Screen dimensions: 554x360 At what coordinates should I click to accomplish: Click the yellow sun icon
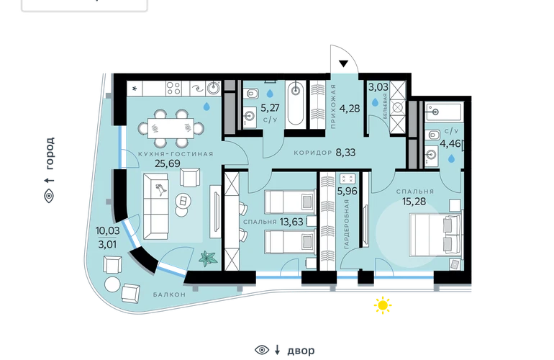pos(383,305)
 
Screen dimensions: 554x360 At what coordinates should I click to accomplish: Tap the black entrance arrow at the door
pos(343,63)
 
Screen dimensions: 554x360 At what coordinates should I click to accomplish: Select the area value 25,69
pos(168,163)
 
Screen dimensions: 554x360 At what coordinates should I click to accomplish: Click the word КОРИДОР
pos(313,153)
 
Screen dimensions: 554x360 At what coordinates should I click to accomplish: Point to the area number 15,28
pos(414,202)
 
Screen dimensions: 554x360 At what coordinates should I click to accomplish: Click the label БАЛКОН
pos(169,294)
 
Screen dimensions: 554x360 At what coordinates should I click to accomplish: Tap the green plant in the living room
pos(208,258)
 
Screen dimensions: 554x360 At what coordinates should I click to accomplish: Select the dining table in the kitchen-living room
pos(171,128)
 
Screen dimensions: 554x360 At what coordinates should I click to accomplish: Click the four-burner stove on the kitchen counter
pos(174,88)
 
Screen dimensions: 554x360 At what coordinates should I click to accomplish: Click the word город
pos(50,153)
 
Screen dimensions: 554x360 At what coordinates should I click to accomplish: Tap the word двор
pos(301,351)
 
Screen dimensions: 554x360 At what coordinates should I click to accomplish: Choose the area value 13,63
pos(291,222)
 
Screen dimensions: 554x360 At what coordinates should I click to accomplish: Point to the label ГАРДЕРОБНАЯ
pos(346,224)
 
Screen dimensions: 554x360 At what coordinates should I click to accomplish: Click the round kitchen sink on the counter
pos(214,88)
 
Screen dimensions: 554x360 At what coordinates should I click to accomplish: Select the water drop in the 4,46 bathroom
pos(451,159)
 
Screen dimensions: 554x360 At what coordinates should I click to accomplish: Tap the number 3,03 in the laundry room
pos(378,87)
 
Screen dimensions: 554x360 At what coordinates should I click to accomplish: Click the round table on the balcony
pos(113,284)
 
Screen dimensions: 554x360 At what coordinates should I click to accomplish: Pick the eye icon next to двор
pos(262,350)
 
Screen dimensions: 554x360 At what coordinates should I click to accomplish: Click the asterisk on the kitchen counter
pos(135,89)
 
